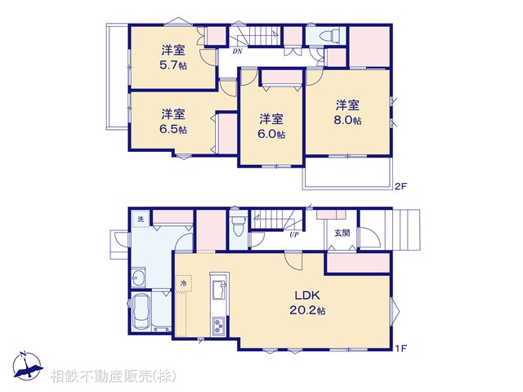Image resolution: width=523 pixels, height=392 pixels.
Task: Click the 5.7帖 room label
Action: click(x=172, y=57)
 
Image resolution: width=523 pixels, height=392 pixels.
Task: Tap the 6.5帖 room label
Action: click(x=172, y=122)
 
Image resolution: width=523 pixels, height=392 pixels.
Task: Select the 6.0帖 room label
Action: click(x=271, y=125)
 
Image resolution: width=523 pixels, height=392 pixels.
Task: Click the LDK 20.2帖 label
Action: click(x=310, y=303)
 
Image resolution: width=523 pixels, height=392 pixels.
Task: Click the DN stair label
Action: click(x=237, y=51)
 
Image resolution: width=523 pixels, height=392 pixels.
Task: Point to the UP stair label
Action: click(x=293, y=234)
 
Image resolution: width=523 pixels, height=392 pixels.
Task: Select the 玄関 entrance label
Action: click(x=341, y=233)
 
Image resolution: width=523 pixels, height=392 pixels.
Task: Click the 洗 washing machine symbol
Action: click(x=140, y=219)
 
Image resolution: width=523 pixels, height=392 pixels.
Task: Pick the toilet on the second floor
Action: click(x=329, y=37)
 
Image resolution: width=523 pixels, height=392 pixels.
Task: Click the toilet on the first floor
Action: click(x=238, y=225)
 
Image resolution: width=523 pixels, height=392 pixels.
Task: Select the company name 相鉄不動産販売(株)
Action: click(x=112, y=376)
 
